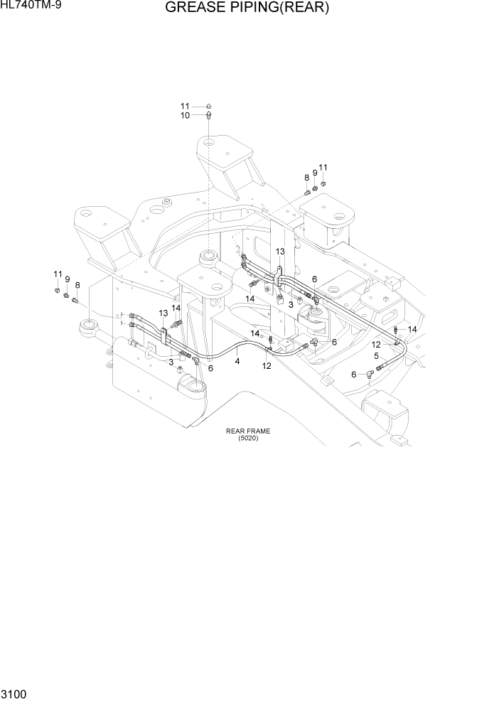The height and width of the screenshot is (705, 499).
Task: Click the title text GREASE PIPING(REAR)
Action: point(247,9)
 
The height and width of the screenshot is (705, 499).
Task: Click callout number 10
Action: point(184,115)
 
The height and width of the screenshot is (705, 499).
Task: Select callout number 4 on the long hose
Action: point(237,361)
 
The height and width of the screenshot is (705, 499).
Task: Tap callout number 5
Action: point(376,355)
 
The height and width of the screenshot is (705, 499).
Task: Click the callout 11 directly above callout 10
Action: point(184,106)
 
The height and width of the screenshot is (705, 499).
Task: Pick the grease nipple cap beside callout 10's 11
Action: point(208,106)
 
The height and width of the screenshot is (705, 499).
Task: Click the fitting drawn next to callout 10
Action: point(208,115)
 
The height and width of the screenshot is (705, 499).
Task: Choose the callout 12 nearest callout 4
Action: point(267,366)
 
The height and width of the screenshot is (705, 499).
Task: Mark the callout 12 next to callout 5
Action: point(376,345)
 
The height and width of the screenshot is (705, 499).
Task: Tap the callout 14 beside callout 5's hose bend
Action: point(412,329)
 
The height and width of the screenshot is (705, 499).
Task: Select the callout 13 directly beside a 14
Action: point(164,313)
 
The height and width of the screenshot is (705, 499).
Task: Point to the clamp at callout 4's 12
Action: point(269,348)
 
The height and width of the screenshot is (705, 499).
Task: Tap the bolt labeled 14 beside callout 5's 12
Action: point(395,330)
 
